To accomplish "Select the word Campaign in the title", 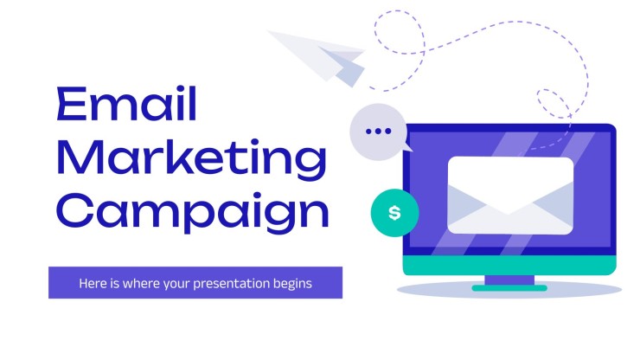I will (x=194, y=213).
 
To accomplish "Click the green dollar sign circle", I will (x=394, y=213).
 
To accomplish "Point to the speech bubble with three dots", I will (x=378, y=132).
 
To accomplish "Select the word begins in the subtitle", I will (x=292, y=283).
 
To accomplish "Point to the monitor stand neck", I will (x=509, y=280).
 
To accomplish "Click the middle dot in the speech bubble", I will (x=378, y=132).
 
